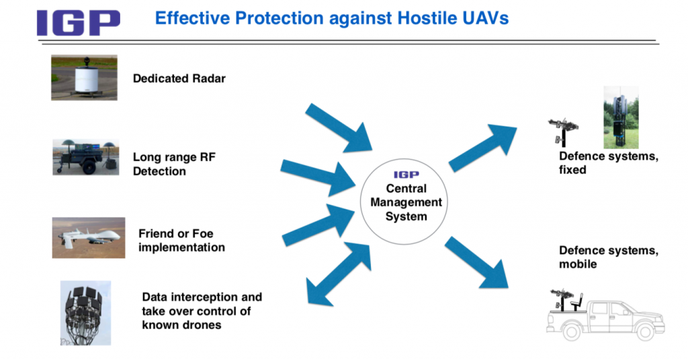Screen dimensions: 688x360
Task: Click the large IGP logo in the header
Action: click(79, 23)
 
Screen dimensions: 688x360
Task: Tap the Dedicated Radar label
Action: click(179, 79)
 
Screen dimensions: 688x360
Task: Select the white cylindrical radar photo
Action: click(84, 78)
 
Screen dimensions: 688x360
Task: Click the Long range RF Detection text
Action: click(174, 164)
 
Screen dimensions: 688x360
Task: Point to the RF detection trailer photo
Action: click(86, 157)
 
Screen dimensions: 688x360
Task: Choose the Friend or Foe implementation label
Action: click(181, 240)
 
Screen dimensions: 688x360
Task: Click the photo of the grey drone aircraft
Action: click(89, 238)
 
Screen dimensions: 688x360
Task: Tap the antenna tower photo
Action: click(85, 313)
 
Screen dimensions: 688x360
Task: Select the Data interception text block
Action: click(202, 311)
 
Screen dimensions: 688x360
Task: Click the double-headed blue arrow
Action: click(339, 273)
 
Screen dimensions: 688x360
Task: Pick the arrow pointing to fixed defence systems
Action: click(482, 148)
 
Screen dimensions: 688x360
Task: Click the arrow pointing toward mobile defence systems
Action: click(477, 262)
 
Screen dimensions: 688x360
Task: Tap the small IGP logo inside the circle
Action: click(406, 175)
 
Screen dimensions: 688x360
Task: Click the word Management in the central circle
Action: click(406, 202)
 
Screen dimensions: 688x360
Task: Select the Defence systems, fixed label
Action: click(609, 163)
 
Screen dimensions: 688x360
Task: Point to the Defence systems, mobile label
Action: click(609, 257)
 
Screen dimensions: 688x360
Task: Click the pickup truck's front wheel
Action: click(645, 332)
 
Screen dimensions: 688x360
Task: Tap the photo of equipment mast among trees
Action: click(621, 117)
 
